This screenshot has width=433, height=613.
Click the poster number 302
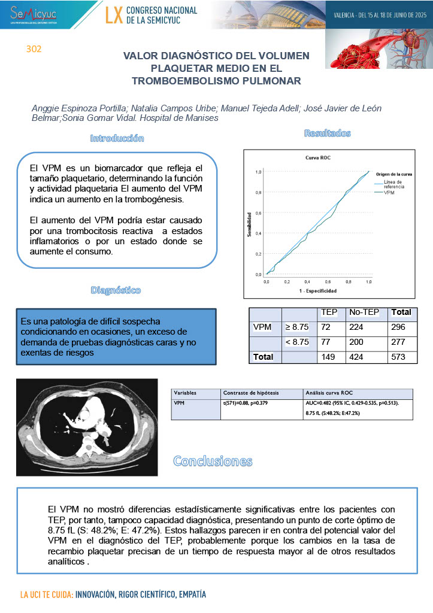(x=34, y=49)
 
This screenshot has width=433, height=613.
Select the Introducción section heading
(x=117, y=138)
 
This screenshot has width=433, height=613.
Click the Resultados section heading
(x=327, y=133)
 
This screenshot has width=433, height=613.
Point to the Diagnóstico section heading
(x=116, y=290)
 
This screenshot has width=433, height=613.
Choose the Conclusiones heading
(x=213, y=461)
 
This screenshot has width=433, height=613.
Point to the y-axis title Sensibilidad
(x=248, y=223)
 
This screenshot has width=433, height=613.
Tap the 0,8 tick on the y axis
(x=259, y=192)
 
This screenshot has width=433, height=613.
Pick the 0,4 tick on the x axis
(x=307, y=281)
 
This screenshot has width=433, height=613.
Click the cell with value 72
(x=326, y=327)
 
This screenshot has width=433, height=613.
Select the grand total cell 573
(x=398, y=357)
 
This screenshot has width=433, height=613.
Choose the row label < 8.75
(x=297, y=342)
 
